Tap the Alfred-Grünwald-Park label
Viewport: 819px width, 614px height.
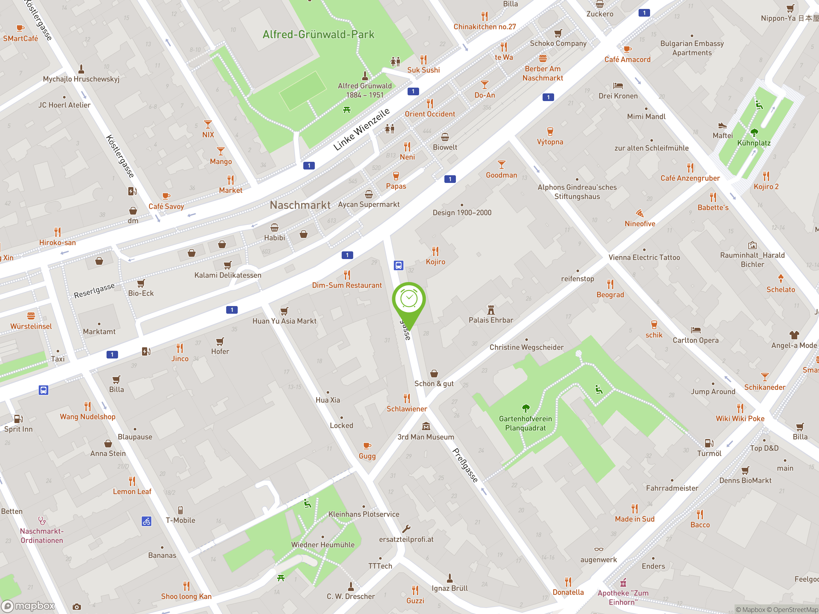[318, 35]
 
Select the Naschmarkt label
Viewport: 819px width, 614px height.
[300, 205]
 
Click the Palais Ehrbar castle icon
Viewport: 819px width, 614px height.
[491, 310]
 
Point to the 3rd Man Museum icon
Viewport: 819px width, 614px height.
[426, 426]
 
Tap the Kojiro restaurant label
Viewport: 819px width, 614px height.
[435, 262]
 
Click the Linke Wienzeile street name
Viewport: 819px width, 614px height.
[362, 129]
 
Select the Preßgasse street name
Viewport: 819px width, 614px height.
[465, 465]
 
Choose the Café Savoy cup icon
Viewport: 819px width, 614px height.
[166, 196]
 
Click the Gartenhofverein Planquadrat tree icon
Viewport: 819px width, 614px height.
[526, 408]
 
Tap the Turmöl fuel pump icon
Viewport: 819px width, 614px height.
[709, 443]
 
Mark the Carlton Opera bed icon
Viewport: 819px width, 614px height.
[696, 330]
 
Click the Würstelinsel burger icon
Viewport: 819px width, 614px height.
[31, 316]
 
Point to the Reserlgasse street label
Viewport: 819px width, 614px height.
[94, 291]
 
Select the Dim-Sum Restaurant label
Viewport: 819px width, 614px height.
[346, 285]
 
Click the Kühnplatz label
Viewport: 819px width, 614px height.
[753, 143]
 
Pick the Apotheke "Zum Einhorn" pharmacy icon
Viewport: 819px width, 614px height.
[624, 583]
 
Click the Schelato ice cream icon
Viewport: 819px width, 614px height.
[781, 279]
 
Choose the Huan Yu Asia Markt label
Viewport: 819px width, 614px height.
[284, 321]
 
